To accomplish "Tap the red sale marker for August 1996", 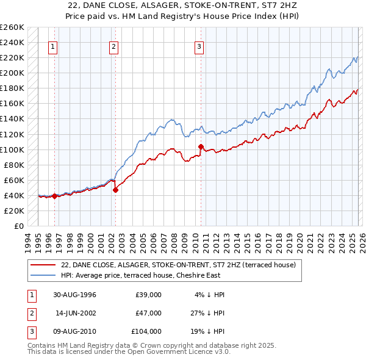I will pos(55,196).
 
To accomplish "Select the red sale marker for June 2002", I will pos(115,190).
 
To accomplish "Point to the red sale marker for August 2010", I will pos(201,146).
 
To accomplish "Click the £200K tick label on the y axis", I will pos(12,73).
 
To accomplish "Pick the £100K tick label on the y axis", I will pos(12,149).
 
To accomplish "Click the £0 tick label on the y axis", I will pos(18,226).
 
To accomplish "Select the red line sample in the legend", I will pos(43,265).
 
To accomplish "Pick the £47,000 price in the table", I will pos(148,313).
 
